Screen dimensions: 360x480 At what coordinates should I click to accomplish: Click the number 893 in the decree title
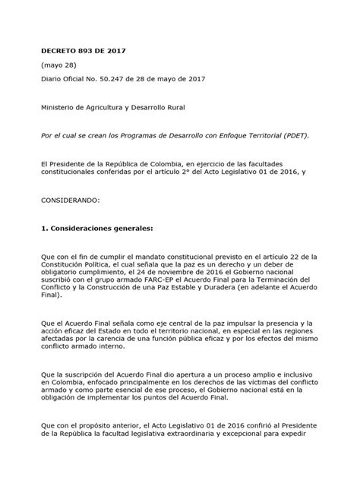(x=82, y=52)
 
